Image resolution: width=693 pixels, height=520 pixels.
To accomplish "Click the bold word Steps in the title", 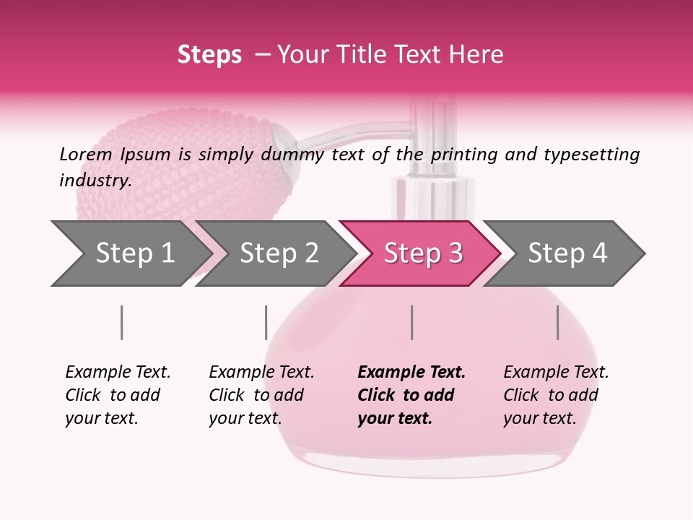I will [209, 55].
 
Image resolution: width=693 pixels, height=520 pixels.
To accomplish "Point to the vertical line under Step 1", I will [121, 322].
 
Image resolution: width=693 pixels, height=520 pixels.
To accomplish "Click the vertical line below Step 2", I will [266, 322].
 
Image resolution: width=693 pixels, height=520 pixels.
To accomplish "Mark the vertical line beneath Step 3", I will [411, 322].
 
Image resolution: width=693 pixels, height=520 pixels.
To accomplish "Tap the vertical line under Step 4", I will [557, 322].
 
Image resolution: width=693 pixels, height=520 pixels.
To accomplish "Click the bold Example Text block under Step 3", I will [411, 395].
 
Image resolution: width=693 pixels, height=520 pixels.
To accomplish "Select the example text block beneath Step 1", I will [118, 395].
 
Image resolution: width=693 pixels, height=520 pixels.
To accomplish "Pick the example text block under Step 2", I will [261, 395].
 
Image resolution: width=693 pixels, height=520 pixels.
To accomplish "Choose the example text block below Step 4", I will [556, 395].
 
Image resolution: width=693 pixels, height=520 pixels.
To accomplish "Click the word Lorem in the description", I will [86, 154].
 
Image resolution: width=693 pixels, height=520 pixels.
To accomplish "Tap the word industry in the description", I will [95, 180].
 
